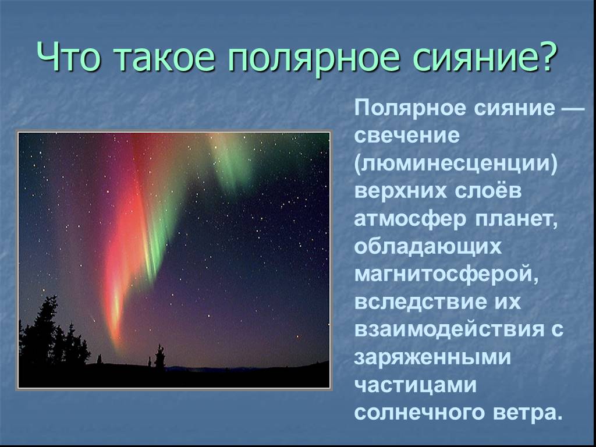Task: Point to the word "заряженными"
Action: pos(432,358)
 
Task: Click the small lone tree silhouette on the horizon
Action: pos(159,356)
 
